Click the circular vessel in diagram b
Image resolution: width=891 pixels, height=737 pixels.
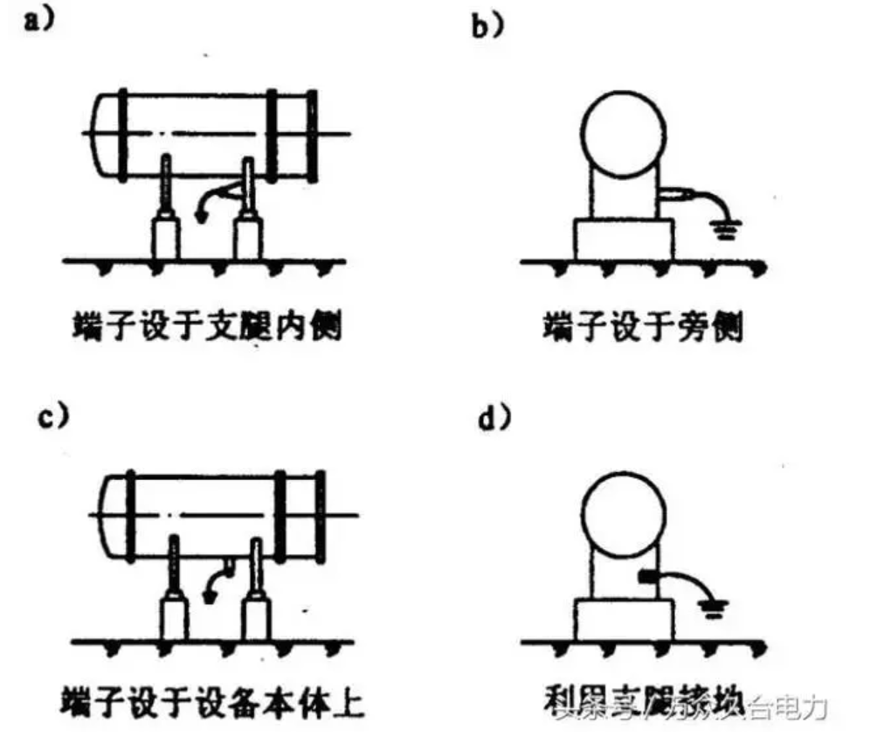(x=622, y=128)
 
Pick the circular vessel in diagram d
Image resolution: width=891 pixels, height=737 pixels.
(x=623, y=515)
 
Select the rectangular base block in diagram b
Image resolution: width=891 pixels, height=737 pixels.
(x=623, y=239)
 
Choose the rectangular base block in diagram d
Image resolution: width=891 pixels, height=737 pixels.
(x=623, y=619)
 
